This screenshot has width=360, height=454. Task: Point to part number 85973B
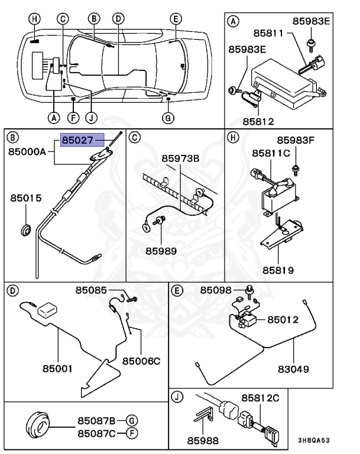pos(181,158)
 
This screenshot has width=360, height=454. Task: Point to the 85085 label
pos(91,290)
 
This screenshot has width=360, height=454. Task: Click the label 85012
pos(283,319)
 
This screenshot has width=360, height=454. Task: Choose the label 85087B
pos(96,420)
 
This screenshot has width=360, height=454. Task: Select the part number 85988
pos(203,440)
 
